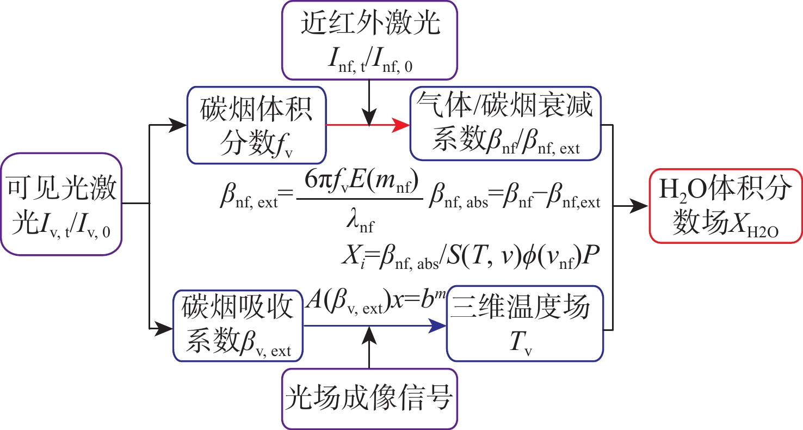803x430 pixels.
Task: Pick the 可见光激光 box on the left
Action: click(x=60, y=204)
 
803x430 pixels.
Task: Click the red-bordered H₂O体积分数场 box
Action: click(x=726, y=205)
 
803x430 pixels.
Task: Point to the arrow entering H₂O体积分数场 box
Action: click(x=631, y=206)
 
